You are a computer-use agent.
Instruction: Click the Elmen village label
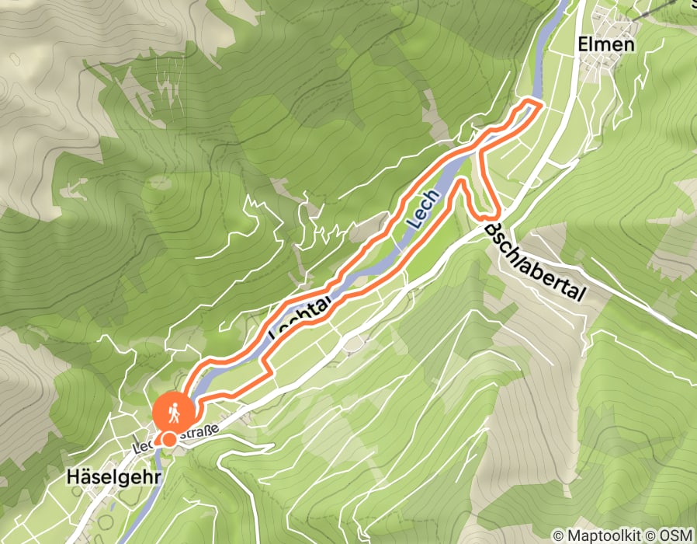(606, 44)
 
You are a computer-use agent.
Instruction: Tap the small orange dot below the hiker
(168, 440)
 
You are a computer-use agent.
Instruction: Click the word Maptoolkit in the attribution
(606, 535)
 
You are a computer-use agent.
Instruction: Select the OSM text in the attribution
(678, 535)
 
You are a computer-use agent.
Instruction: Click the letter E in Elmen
(583, 44)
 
